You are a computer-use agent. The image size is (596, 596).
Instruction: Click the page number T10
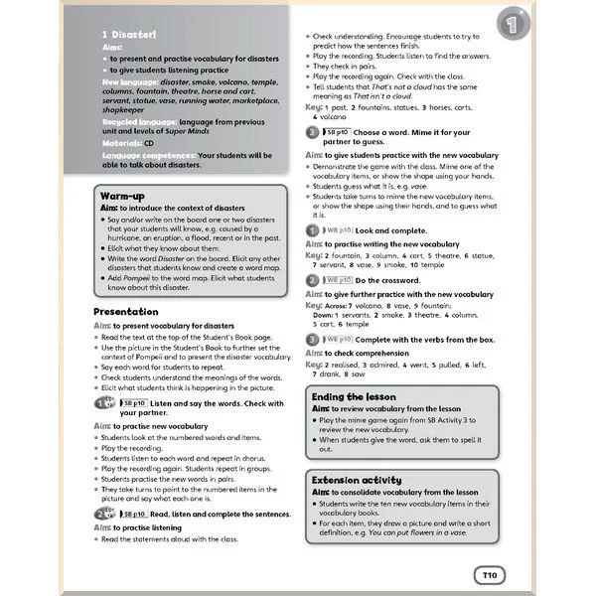click(488, 574)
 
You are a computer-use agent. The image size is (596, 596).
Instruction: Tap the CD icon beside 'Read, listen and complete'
click(105, 514)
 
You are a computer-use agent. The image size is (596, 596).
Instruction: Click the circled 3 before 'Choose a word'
click(312, 132)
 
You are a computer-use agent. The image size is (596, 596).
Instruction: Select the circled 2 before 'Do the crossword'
click(312, 281)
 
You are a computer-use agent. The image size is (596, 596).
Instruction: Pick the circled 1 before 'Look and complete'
click(312, 229)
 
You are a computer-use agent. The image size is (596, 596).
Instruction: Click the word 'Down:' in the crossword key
click(328, 315)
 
